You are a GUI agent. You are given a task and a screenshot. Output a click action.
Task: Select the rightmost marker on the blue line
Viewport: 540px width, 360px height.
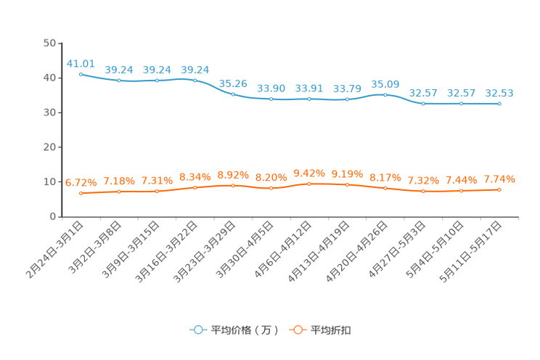click(499, 105)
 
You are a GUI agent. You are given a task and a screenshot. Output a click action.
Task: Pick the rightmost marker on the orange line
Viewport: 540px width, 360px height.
click(499, 189)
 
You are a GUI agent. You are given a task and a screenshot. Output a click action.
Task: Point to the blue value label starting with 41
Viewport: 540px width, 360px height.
click(80, 62)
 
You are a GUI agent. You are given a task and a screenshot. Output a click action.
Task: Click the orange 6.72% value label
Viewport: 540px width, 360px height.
click(80, 183)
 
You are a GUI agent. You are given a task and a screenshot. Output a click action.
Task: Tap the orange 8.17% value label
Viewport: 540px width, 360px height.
click(385, 177)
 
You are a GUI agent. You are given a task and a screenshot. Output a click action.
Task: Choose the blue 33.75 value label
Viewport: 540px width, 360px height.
click(347, 89)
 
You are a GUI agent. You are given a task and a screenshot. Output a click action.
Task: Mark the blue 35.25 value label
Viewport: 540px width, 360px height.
click(233, 83)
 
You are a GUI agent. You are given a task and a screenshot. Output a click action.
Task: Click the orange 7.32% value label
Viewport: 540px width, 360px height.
click(422, 180)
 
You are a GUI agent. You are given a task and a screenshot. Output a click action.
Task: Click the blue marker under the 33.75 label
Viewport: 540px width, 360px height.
click(347, 99)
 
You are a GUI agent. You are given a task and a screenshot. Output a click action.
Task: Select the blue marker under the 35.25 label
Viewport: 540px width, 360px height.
click(233, 94)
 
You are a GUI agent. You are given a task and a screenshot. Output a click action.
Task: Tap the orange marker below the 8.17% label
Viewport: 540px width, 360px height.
click(385, 188)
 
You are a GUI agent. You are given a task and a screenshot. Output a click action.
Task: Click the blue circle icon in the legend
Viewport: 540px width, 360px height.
click(197, 330)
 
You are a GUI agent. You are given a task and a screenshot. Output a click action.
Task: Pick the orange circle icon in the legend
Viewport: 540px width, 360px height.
click(297, 330)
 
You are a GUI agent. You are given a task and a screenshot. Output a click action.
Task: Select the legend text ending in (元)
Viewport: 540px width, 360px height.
click(244, 330)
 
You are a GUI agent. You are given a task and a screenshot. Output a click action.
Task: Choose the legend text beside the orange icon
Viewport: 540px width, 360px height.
click(331, 330)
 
